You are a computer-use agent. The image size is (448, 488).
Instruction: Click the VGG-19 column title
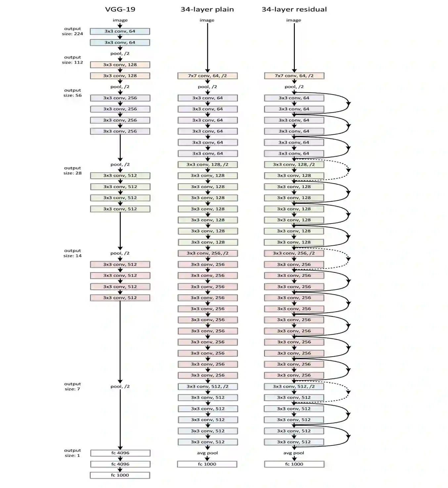point(120,9)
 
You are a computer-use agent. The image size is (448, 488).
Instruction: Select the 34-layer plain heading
point(207,9)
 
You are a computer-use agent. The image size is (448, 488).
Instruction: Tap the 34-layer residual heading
point(294,9)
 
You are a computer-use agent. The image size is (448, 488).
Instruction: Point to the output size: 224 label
point(72,31)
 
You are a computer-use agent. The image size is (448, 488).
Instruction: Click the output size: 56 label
point(72,93)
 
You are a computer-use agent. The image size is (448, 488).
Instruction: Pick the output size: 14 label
point(72,253)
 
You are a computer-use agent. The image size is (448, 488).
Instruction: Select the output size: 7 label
point(72,386)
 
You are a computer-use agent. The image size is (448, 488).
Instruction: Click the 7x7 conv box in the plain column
point(207,76)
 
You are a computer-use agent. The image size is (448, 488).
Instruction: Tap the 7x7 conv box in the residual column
point(294,76)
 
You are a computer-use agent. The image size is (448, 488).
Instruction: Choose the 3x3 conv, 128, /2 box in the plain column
point(207,165)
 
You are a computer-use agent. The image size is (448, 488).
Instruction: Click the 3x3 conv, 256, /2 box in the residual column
point(294,253)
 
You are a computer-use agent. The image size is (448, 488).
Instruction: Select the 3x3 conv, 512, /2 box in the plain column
point(207,386)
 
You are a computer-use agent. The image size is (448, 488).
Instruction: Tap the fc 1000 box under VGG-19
point(120,475)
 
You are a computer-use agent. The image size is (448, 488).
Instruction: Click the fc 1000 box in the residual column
point(294,464)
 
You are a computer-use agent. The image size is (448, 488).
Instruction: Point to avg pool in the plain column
point(207,453)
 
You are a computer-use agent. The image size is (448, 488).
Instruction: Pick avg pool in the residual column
point(294,453)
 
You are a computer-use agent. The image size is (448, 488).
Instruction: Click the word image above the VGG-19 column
point(120,20)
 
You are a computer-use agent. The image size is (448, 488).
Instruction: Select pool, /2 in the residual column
point(294,87)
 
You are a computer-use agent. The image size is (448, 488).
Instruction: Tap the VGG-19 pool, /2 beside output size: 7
point(120,386)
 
